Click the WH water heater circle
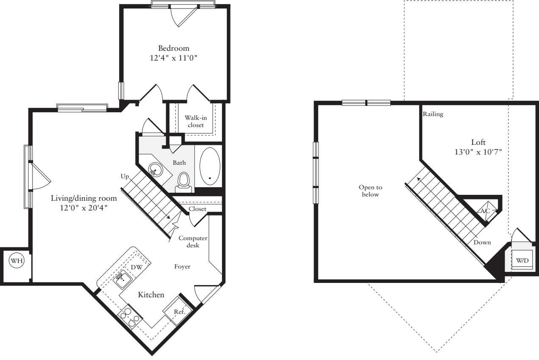[17, 261]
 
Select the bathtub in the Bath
[210, 166]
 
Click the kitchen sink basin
[123, 277]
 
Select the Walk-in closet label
[195, 121]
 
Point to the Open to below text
[369, 191]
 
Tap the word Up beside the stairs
[125, 176]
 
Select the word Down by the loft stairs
[482, 243]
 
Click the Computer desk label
[193, 241]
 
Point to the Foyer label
[182, 267]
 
